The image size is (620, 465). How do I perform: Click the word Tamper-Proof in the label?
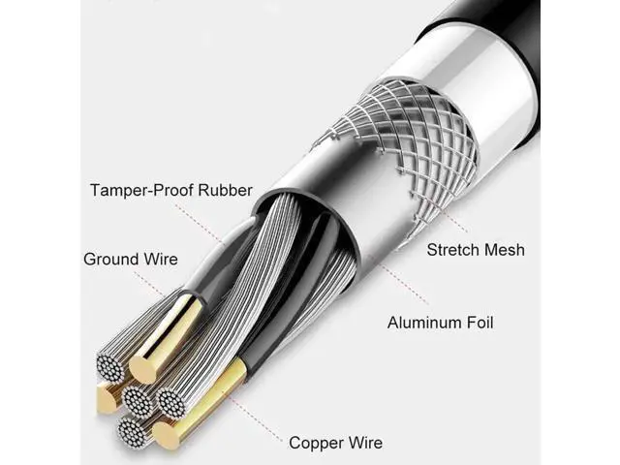click(x=142, y=191)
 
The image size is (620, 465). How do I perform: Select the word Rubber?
click(x=225, y=190)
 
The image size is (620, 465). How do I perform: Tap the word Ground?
click(x=111, y=260)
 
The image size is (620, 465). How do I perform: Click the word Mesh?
click(x=505, y=250)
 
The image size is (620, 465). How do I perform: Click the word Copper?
click(x=315, y=443)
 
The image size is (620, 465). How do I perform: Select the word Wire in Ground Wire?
click(x=161, y=260)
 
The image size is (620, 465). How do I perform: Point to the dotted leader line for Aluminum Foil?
click(x=405, y=285)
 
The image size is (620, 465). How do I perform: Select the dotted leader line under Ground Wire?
click(x=149, y=284)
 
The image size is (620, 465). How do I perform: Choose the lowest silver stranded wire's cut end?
click(x=132, y=432)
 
